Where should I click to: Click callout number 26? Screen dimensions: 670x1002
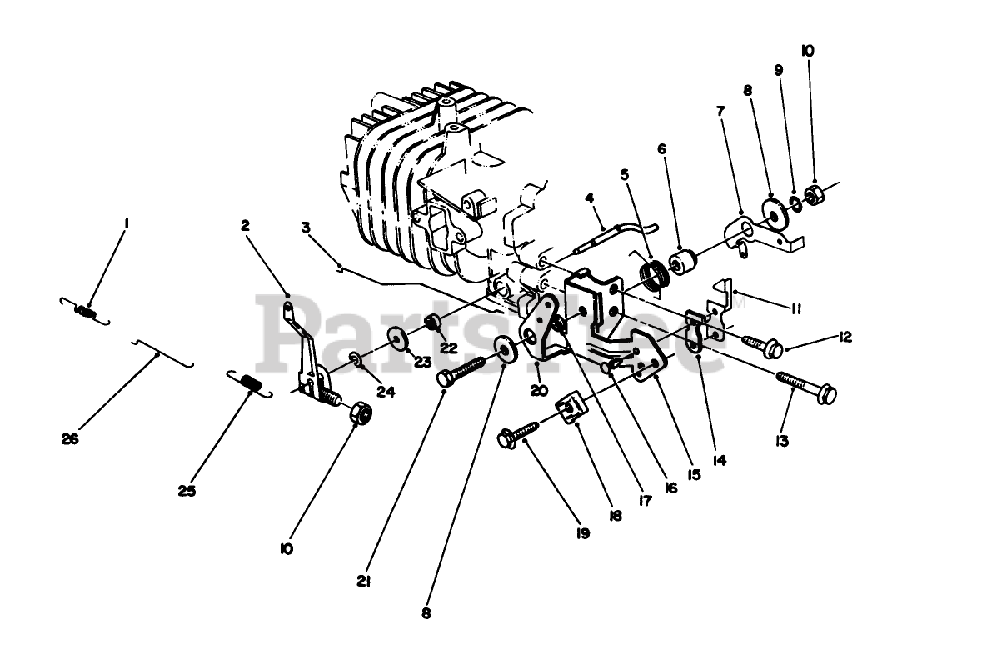[x=70, y=438]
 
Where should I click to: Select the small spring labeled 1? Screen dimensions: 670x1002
[x=82, y=311]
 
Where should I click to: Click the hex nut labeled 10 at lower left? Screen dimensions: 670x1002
[x=360, y=412]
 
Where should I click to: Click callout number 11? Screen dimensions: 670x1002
[x=795, y=308]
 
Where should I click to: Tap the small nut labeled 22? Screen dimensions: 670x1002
[x=432, y=322]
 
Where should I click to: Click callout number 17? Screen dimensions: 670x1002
[x=644, y=502]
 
